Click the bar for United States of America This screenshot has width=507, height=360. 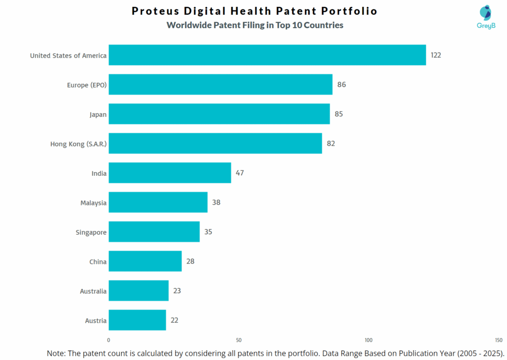pyautogui.click(x=267, y=55)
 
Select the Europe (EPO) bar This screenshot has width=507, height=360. pyautogui.click(x=220, y=85)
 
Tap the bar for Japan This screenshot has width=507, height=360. pyautogui.click(x=219, y=114)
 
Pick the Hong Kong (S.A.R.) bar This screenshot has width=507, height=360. pyautogui.click(x=215, y=143)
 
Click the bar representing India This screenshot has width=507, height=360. pyautogui.click(x=170, y=173)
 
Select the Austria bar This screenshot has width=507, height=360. pyautogui.click(x=137, y=320)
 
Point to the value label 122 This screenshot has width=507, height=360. pyautogui.click(x=436, y=55)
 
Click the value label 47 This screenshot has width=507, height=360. pyautogui.click(x=240, y=173)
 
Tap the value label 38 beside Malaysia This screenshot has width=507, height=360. pyautogui.click(x=216, y=203)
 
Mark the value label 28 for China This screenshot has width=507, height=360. pyautogui.click(x=190, y=261)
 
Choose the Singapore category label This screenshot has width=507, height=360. pyautogui.click(x=91, y=232)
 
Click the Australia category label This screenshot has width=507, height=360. pyautogui.click(x=93, y=291)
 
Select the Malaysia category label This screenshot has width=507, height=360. pyautogui.click(x=93, y=203)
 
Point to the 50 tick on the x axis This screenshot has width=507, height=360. pyautogui.click(x=239, y=340)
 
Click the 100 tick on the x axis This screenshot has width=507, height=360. pyautogui.click(x=368, y=340)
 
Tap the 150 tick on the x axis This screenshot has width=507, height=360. pyautogui.click(x=499, y=340)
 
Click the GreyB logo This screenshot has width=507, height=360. pyautogui.click(x=486, y=18)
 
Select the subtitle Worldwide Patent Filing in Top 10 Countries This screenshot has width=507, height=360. pyautogui.click(x=254, y=25)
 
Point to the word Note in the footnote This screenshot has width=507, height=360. pyautogui.click(x=56, y=353)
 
